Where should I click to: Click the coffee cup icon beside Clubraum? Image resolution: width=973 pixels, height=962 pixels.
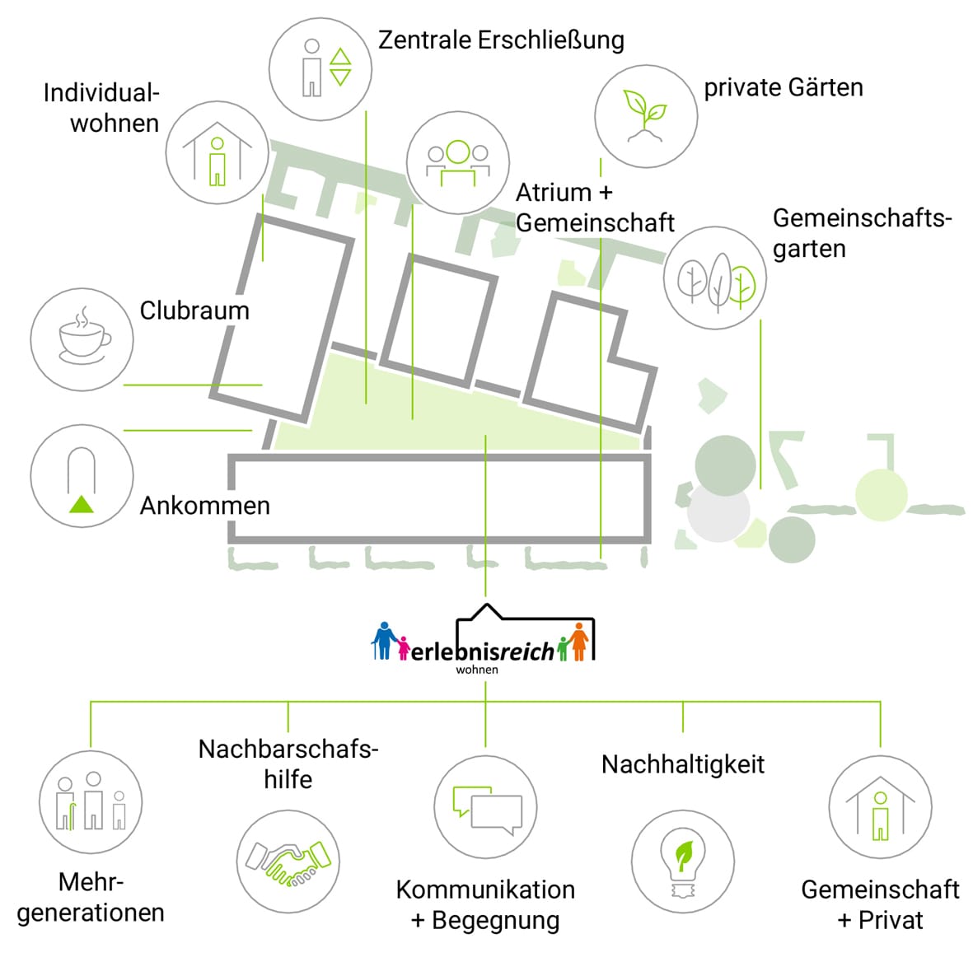pos(83,336)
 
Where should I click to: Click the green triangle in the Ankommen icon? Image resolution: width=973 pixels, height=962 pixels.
pos(82,504)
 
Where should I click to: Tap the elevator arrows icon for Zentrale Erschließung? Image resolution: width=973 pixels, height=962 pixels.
pos(340,67)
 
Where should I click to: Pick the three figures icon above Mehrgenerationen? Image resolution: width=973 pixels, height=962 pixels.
pos(91,801)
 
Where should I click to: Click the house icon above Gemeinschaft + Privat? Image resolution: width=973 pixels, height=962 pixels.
pos(880,807)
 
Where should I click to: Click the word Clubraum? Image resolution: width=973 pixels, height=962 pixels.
pos(194,311)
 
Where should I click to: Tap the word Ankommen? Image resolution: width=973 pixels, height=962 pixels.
pos(205,506)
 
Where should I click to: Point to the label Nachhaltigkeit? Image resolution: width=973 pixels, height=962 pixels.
pos(683,764)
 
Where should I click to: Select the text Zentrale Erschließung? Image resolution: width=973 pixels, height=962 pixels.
pos(501,40)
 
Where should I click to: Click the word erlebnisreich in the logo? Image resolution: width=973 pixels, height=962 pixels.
pos(482,651)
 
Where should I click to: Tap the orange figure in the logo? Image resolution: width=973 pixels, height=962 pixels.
pos(579,642)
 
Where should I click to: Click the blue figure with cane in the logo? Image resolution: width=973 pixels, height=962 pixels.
pos(384,640)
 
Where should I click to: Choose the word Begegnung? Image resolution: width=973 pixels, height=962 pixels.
pos(496,921)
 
